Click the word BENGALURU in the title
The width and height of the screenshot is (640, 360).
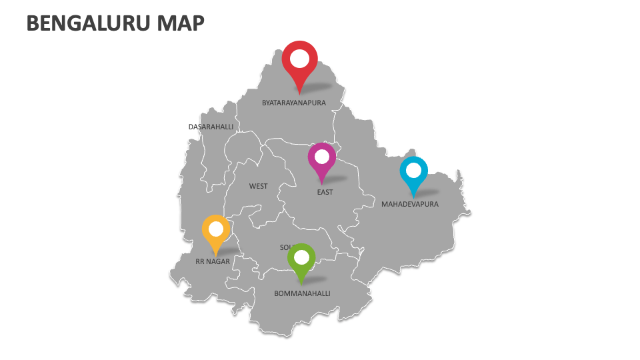(88, 24)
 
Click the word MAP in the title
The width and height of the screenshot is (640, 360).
(181, 24)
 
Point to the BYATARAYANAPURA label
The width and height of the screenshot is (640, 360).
(294, 103)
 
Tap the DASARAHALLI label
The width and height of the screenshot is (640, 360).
(211, 127)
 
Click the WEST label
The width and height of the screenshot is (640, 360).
(259, 186)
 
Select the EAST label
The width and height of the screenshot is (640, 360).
(325, 193)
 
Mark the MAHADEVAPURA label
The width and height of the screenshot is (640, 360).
(410, 205)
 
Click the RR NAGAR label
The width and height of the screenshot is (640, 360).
(213, 262)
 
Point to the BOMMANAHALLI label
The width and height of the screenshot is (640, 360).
(302, 293)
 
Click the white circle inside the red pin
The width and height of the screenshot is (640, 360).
(299, 59)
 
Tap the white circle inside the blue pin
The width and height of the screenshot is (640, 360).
(413, 169)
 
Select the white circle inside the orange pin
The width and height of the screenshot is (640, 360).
(216, 229)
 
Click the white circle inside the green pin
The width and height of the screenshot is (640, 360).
(301, 257)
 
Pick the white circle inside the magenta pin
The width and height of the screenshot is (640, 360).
(322, 157)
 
